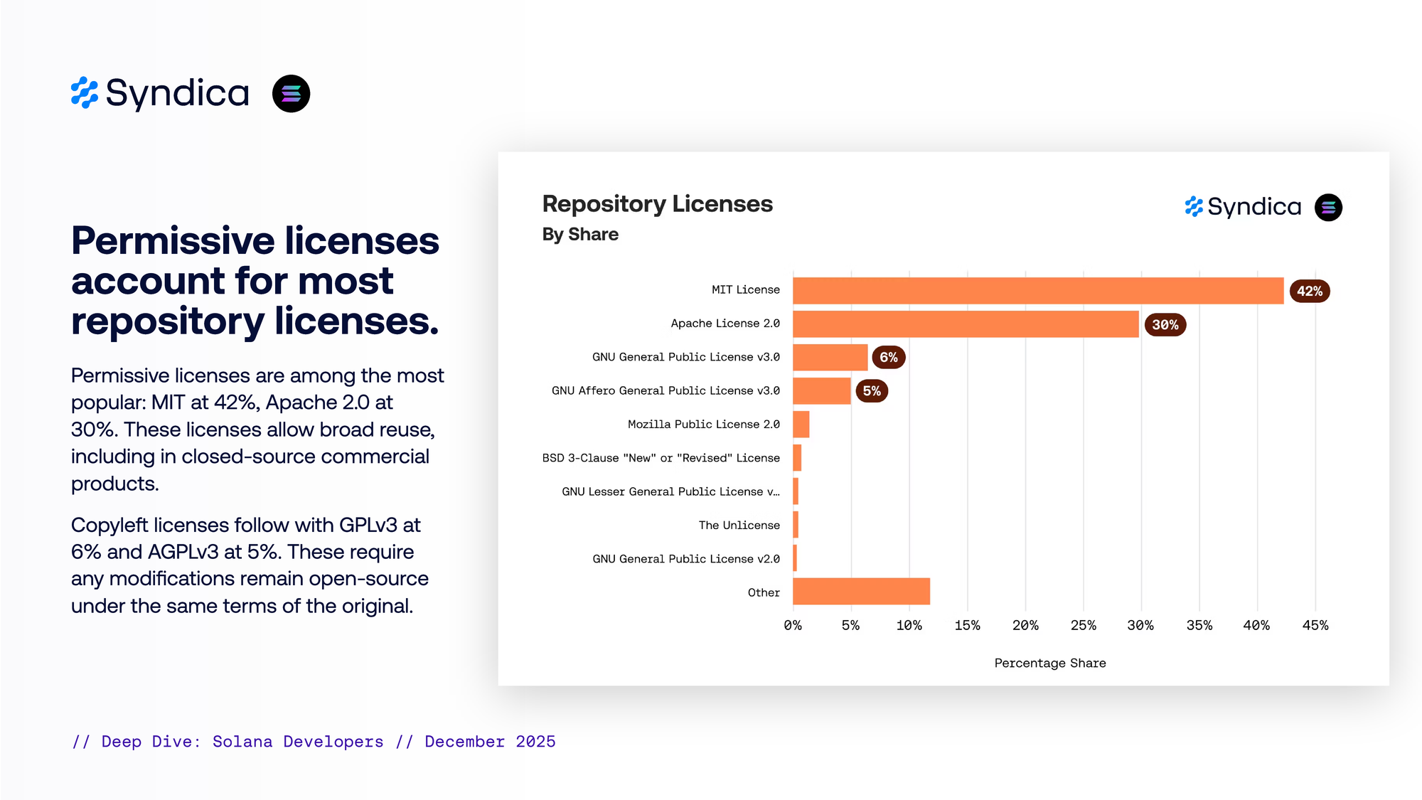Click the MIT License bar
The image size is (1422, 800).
pos(1038,291)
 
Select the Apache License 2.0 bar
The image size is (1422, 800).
pos(966,324)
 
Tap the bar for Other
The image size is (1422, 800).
pos(861,592)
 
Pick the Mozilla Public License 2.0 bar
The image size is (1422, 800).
pos(801,425)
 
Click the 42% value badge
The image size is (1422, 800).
pos(1309,292)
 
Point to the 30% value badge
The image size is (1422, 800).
pos(1165,325)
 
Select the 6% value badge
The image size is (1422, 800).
pos(888,358)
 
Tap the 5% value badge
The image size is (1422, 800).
pos(872,391)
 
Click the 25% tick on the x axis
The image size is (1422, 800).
pos(1083,626)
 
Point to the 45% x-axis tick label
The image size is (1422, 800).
pos(1315,626)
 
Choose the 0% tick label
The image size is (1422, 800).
pos(793,626)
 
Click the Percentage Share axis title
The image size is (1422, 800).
pos(1049,663)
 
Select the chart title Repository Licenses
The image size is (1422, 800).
pos(657,204)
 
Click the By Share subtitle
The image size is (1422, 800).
pos(580,235)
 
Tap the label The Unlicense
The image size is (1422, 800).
pos(739,526)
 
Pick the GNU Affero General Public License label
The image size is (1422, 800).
pos(665,391)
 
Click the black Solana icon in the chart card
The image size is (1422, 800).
pos(1328,208)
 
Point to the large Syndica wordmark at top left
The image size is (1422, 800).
pos(177,93)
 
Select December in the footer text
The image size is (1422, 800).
pos(464,742)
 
